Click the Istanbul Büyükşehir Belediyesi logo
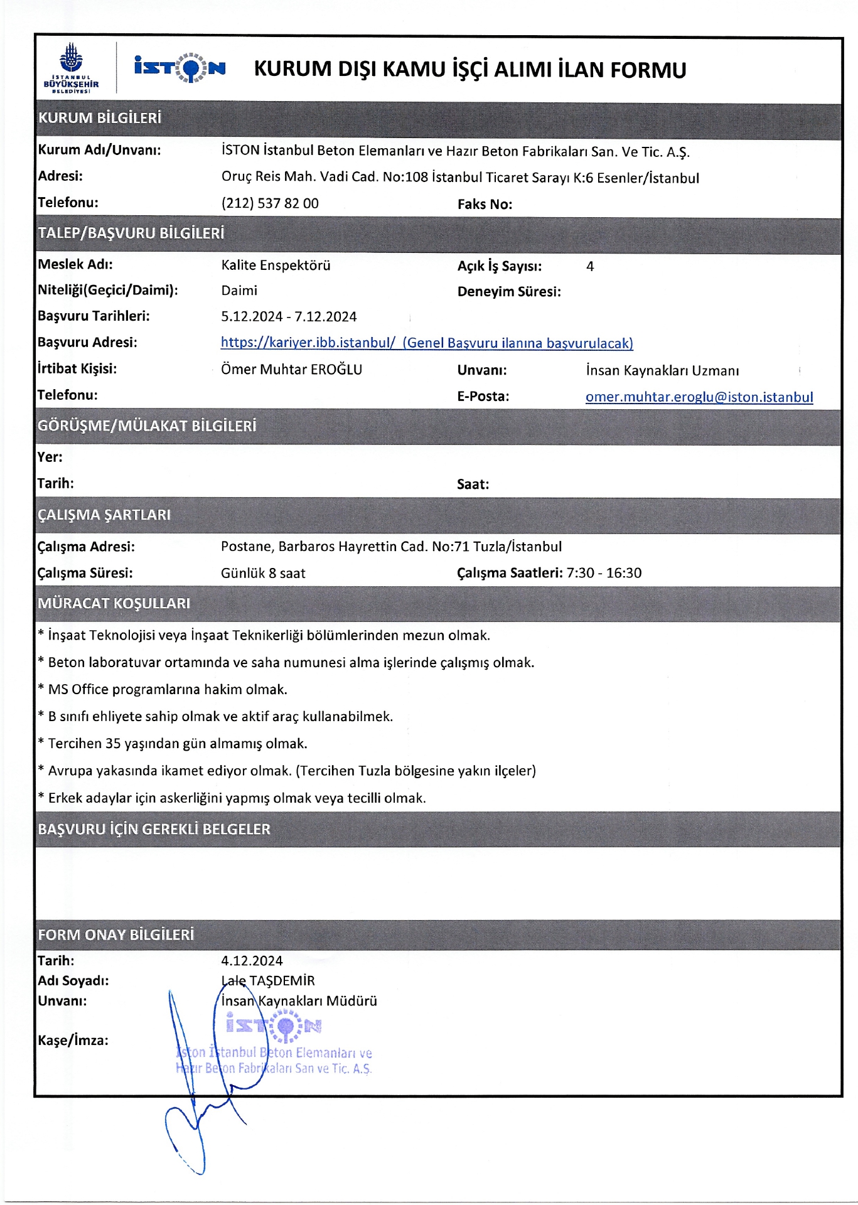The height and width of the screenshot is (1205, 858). click(x=71, y=68)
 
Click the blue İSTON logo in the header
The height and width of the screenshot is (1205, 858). click(x=180, y=68)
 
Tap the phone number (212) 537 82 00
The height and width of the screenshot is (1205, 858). click(x=270, y=203)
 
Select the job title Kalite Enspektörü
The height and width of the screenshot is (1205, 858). click(x=276, y=265)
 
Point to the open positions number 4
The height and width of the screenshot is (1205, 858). click(x=590, y=266)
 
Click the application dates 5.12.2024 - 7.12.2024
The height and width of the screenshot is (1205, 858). click(x=289, y=316)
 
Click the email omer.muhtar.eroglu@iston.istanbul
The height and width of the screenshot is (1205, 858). click(x=699, y=397)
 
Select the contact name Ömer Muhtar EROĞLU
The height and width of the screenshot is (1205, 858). click(x=291, y=369)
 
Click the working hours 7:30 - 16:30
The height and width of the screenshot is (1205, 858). click(x=604, y=572)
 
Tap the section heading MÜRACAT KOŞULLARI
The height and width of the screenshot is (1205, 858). click(x=114, y=603)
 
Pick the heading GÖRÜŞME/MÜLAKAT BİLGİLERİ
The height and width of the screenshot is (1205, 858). click(x=147, y=426)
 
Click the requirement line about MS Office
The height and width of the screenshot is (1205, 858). click(x=168, y=689)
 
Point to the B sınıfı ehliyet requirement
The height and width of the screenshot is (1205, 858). click(x=220, y=716)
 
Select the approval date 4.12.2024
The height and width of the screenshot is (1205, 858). click(x=252, y=960)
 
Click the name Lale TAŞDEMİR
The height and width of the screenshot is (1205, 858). click(x=268, y=980)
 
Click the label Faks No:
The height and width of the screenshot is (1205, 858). click(x=485, y=204)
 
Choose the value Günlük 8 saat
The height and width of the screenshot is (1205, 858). click(x=263, y=573)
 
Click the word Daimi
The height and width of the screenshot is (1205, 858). click(x=239, y=291)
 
